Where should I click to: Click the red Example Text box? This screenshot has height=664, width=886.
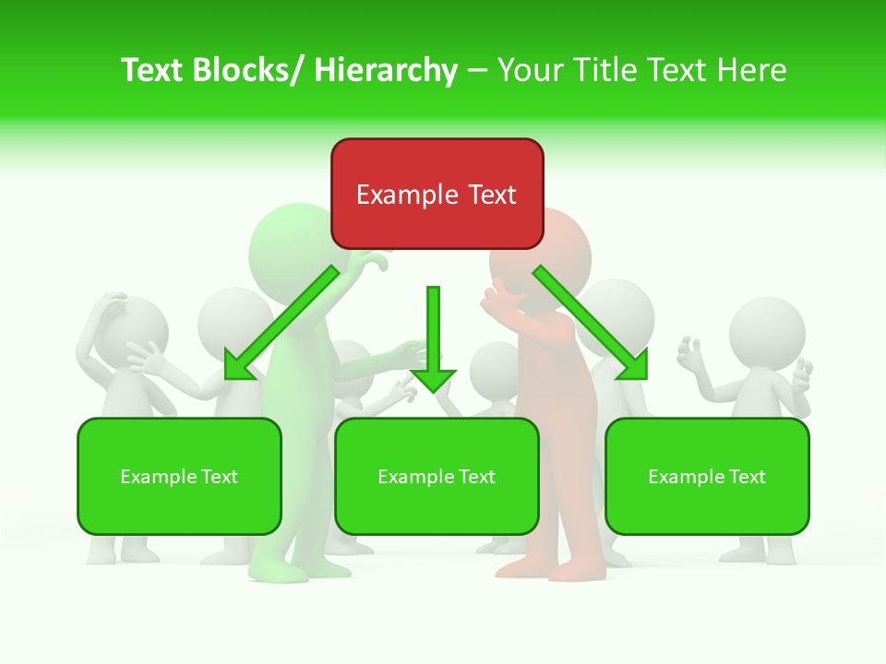437,194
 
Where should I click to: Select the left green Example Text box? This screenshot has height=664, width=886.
179,476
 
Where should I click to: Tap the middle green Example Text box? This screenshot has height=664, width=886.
437,476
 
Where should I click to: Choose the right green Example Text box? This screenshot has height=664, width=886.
707,476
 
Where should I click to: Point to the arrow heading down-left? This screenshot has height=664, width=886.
281,323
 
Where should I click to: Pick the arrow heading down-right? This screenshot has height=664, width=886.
591,323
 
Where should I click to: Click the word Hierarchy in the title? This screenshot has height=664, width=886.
385,70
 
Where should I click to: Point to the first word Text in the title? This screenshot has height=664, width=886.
153,70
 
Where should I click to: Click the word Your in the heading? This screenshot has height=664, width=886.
530,70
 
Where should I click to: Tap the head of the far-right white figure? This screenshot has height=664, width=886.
767,332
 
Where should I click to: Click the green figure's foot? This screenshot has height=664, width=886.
277,572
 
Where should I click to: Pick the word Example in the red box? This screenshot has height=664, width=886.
394,195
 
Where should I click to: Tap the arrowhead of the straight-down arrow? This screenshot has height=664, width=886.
433,380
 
